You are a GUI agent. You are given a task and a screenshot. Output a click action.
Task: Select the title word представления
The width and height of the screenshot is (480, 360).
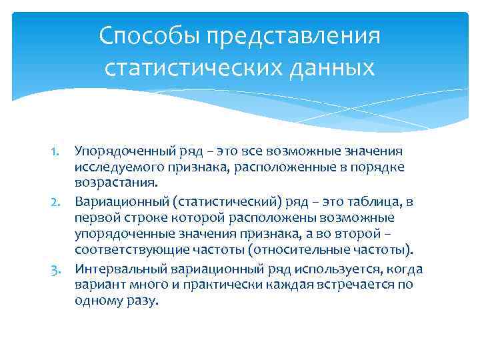[293, 37]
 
